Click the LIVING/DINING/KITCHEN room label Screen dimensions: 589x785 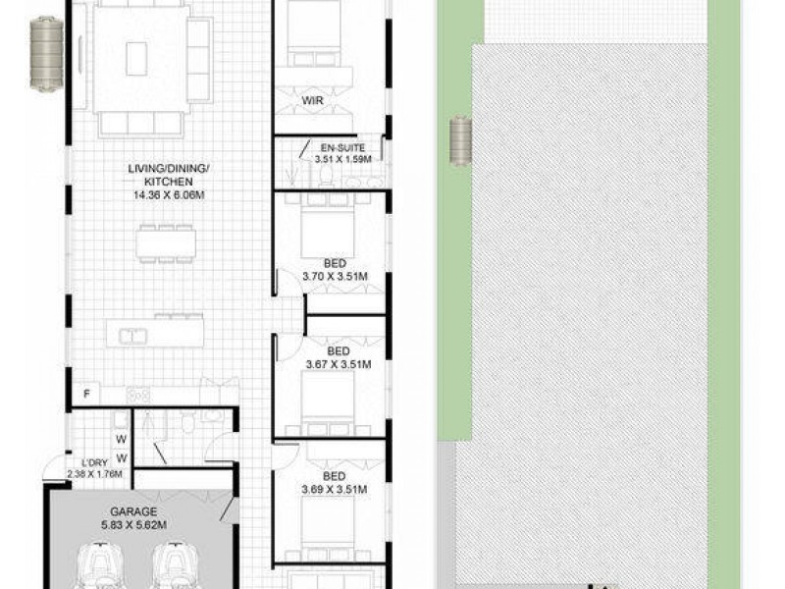pyautogui.click(x=169, y=182)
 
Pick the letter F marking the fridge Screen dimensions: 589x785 pyautogui.click(x=87, y=395)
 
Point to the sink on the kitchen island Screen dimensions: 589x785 pyautogui.click(x=132, y=336)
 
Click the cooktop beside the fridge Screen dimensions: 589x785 pyautogui.click(x=138, y=395)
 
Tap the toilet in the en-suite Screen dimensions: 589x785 pyautogui.click(x=327, y=176)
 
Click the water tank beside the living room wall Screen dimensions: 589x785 pyautogui.click(x=45, y=54)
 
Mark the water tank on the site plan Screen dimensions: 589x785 pyautogui.click(x=461, y=140)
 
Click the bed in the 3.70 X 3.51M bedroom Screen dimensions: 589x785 pyautogui.click(x=328, y=228)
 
